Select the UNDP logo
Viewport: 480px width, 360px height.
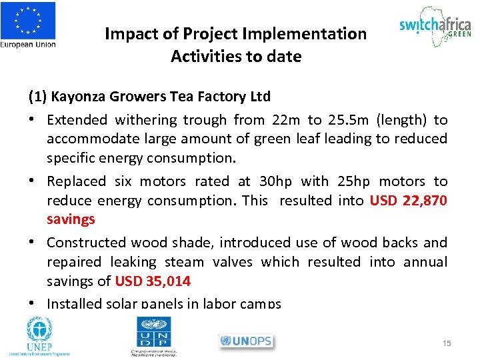(x=155, y=336)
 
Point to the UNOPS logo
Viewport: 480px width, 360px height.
(x=245, y=341)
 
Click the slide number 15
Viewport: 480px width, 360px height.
(x=447, y=343)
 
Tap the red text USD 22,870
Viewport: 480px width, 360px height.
(x=408, y=201)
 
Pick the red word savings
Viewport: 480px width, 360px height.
(x=71, y=219)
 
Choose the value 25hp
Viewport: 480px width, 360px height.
(x=353, y=181)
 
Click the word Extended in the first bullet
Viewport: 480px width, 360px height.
(x=77, y=120)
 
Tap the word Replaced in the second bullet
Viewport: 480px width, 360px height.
(x=76, y=181)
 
